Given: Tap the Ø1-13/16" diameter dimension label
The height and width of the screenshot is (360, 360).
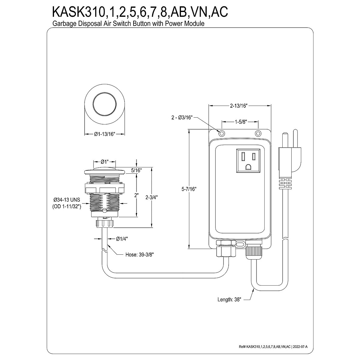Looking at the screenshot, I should pyautogui.click(x=104, y=134).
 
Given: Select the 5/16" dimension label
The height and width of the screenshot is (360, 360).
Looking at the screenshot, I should pyautogui.click(x=136, y=170).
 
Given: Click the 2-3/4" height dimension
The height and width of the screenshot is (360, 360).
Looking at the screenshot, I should pyautogui.click(x=151, y=197).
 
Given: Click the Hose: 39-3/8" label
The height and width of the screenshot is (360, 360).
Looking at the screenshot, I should pyautogui.click(x=140, y=255).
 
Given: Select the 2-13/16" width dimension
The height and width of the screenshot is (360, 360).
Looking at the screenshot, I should pyautogui.click(x=238, y=106).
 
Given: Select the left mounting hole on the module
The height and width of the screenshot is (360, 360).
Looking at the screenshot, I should pyautogui.click(x=222, y=133).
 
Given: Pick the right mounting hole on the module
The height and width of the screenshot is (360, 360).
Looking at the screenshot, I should pyautogui.click(x=257, y=133).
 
